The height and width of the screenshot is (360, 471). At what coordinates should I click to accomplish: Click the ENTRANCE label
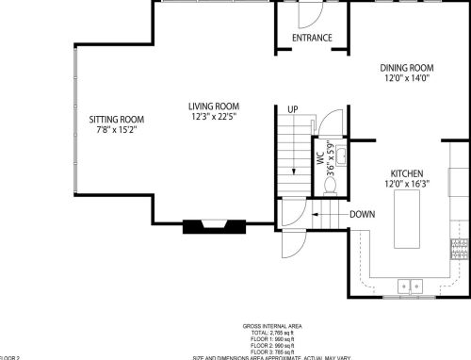tap(312, 38)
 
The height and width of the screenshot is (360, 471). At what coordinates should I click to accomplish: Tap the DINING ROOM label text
tap(406, 68)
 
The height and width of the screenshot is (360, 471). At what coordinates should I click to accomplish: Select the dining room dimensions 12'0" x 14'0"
tap(406, 79)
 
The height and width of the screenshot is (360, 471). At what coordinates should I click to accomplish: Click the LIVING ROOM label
tap(214, 106)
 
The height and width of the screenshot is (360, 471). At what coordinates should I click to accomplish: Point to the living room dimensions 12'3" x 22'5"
tap(214, 117)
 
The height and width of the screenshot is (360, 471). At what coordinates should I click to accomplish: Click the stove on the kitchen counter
tap(459, 250)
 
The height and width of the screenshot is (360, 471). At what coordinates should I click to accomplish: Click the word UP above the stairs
tap(292, 110)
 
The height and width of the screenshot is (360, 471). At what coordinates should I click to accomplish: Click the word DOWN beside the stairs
tap(364, 214)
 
